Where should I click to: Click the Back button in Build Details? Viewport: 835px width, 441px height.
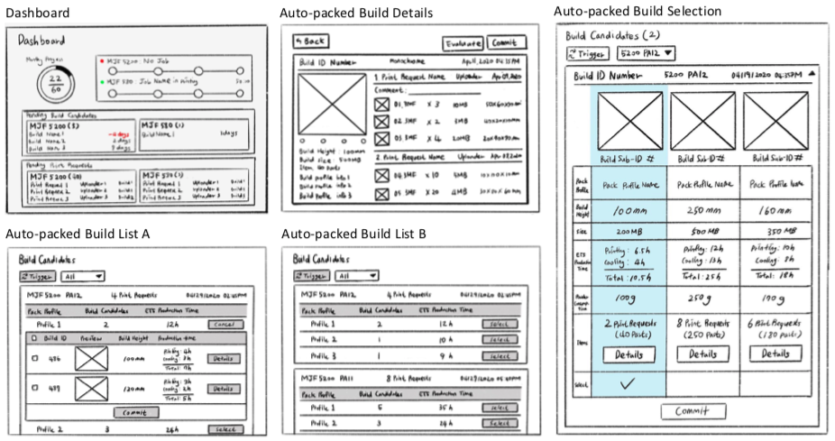(309, 41)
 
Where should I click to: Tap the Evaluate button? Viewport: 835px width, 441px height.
(463, 42)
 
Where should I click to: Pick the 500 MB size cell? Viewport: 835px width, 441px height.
(702, 231)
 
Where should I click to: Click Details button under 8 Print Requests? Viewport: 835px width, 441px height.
(702, 354)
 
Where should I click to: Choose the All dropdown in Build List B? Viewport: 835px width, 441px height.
(355, 275)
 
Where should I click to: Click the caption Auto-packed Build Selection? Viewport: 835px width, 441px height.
(638, 11)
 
